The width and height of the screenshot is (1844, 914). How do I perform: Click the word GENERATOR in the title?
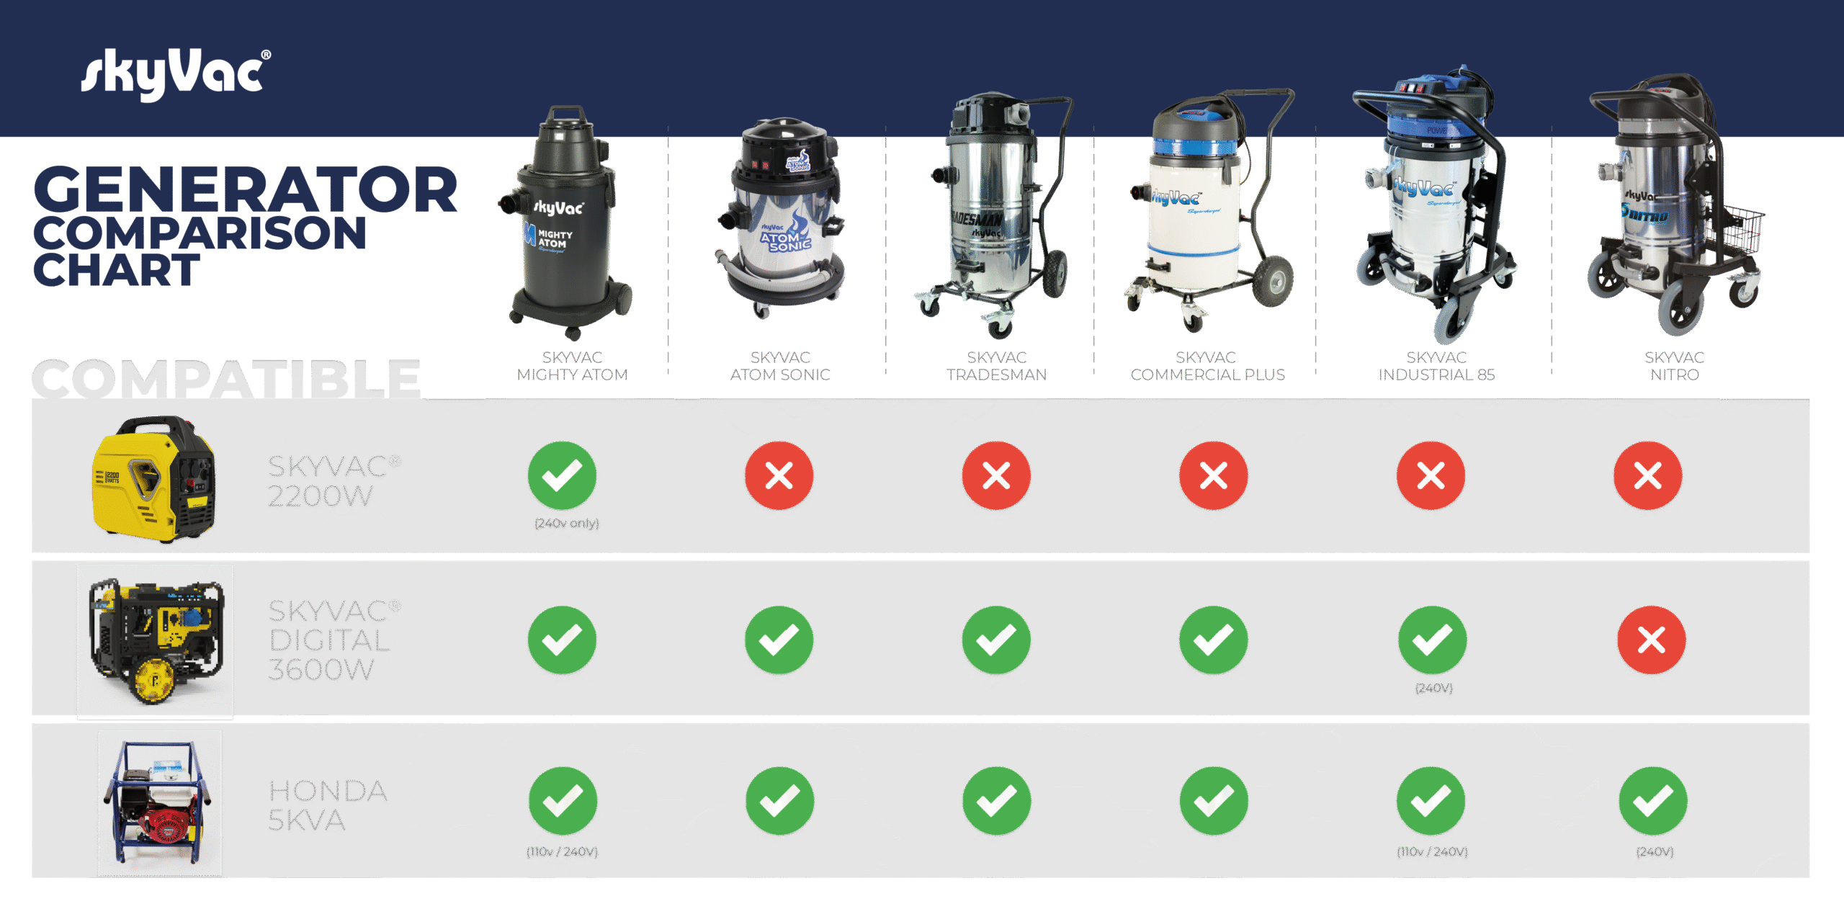click(x=245, y=189)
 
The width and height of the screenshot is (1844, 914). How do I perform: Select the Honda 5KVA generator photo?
click(x=160, y=802)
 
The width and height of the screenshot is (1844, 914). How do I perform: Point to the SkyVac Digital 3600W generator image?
click(x=156, y=642)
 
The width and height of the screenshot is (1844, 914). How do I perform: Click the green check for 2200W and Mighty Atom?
click(x=562, y=476)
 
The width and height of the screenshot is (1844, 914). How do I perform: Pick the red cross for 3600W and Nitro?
click(x=1651, y=640)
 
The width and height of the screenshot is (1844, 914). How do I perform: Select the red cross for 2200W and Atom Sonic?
click(x=779, y=476)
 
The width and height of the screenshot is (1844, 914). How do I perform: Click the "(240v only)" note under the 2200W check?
click(x=567, y=524)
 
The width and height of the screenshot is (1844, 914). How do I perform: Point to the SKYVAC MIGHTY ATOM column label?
click(x=573, y=366)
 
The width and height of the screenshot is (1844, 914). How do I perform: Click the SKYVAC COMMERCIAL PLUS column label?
click(x=1207, y=366)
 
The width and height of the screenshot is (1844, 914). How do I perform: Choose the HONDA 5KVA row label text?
click(x=328, y=805)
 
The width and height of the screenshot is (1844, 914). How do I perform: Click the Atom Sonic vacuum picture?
click(x=782, y=216)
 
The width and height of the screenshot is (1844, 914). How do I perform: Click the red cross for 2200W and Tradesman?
click(x=996, y=476)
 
